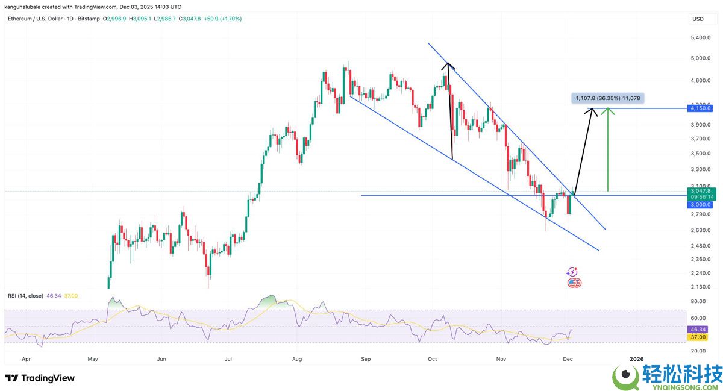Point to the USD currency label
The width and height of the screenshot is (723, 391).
(698, 19)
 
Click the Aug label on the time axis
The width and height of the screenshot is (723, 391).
(298, 358)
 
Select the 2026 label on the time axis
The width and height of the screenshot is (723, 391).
(636, 358)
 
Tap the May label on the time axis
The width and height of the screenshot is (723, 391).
(92, 358)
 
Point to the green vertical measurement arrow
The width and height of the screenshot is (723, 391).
(607, 151)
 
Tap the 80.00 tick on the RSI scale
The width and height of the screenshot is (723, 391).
(698, 301)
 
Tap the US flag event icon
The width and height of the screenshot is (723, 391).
(574, 283)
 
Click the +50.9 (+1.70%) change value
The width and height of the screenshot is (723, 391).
(222, 19)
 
